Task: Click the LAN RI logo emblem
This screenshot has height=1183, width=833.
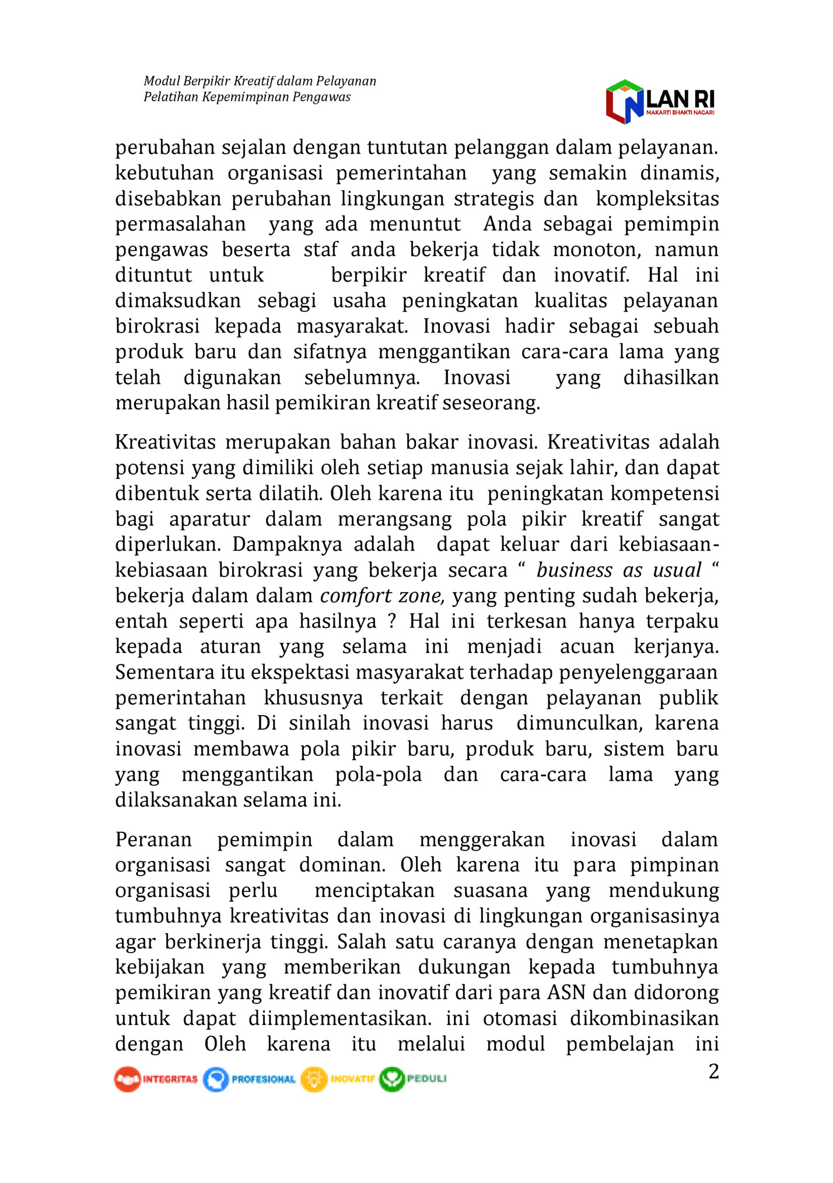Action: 625,101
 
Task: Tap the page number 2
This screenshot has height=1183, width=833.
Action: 713,1072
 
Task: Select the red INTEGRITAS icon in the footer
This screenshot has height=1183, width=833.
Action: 127,1079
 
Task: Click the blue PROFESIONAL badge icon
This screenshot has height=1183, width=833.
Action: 216,1079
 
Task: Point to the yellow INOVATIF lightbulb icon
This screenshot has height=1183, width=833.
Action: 314,1079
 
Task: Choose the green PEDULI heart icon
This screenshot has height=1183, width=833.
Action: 391,1079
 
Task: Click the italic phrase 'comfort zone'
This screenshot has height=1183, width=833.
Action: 383,596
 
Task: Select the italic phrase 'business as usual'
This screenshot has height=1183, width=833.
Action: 618,570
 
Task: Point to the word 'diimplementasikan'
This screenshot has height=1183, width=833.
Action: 339,1018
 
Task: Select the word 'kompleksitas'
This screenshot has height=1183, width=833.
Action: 657,198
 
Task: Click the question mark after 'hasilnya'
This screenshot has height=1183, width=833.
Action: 392,621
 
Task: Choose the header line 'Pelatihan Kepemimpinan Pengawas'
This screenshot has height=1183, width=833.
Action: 247,97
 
